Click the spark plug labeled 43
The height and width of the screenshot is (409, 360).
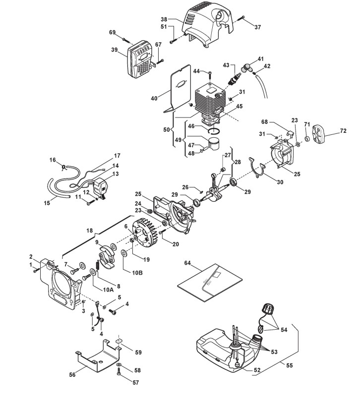pyautogui.click(x=233, y=78)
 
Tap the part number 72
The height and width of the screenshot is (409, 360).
pyautogui.click(x=343, y=130)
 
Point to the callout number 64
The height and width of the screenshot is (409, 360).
pyautogui.click(x=187, y=263)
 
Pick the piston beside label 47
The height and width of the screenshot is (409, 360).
pyautogui.click(x=214, y=145)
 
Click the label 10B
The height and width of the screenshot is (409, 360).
pyautogui.click(x=137, y=273)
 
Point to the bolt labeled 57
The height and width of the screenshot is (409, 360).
pyautogui.click(x=120, y=371)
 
